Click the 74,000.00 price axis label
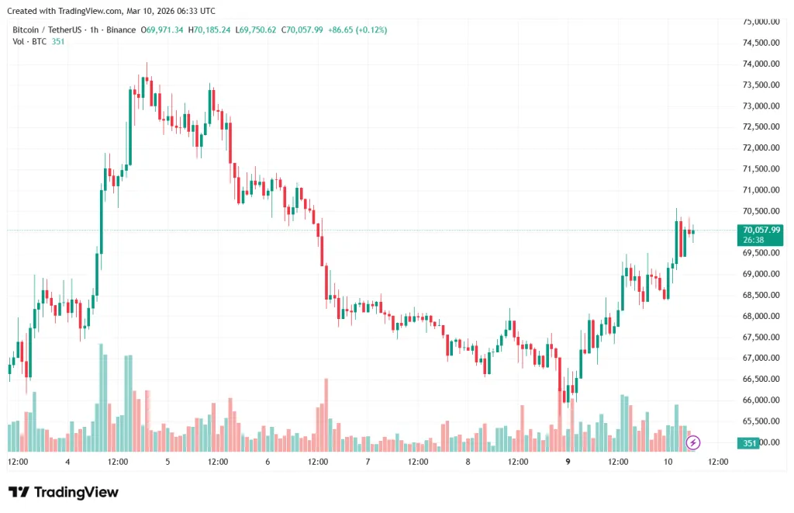point(761,64)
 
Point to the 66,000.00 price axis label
point(761,400)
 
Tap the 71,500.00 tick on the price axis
point(761,169)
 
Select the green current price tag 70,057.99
point(759,230)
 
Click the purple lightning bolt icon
point(693,443)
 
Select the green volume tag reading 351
point(748,443)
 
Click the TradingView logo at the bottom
point(64,492)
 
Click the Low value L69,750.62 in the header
point(258,29)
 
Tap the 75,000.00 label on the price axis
point(761,22)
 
